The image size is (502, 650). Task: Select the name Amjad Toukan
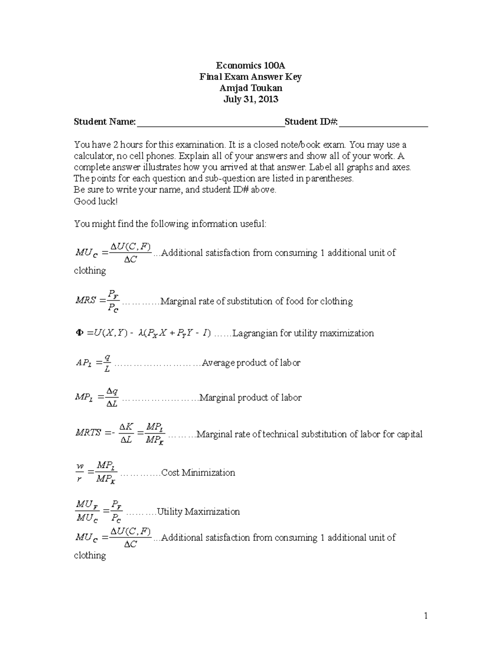251,88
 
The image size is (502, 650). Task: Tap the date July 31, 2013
251,99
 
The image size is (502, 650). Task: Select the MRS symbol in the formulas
85,301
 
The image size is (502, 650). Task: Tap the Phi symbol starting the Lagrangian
79,333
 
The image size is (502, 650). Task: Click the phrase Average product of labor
251,363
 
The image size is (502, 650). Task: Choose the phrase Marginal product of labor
250,398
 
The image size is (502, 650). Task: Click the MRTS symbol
88,433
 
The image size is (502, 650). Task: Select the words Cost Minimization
198,473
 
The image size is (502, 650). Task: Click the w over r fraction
79,473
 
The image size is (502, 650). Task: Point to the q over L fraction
108,363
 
